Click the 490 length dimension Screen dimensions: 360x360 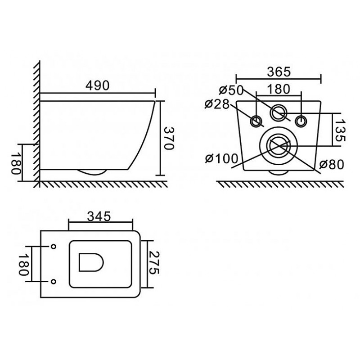click(98, 85)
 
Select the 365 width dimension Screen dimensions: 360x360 click(279, 72)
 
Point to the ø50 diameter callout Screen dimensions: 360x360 click(231, 90)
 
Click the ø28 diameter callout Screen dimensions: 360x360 click(217, 104)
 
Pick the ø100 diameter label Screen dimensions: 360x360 click(221, 159)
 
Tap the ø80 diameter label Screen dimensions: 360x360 click(332, 164)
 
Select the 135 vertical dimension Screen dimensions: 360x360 click(340, 130)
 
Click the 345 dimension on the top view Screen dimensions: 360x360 click(99, 216)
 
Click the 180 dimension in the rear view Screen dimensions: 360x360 click(279, 89)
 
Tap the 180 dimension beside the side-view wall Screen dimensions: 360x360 click(16, 163)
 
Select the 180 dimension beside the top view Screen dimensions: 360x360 click(24, 264)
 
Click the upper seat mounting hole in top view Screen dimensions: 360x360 click(54, 247)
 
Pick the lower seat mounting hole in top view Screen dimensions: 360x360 click(54, 281)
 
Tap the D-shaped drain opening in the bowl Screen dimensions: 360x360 click(91, 262)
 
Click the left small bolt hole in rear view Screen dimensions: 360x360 click(256, 121)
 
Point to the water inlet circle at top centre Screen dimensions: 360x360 click(279, 112)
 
